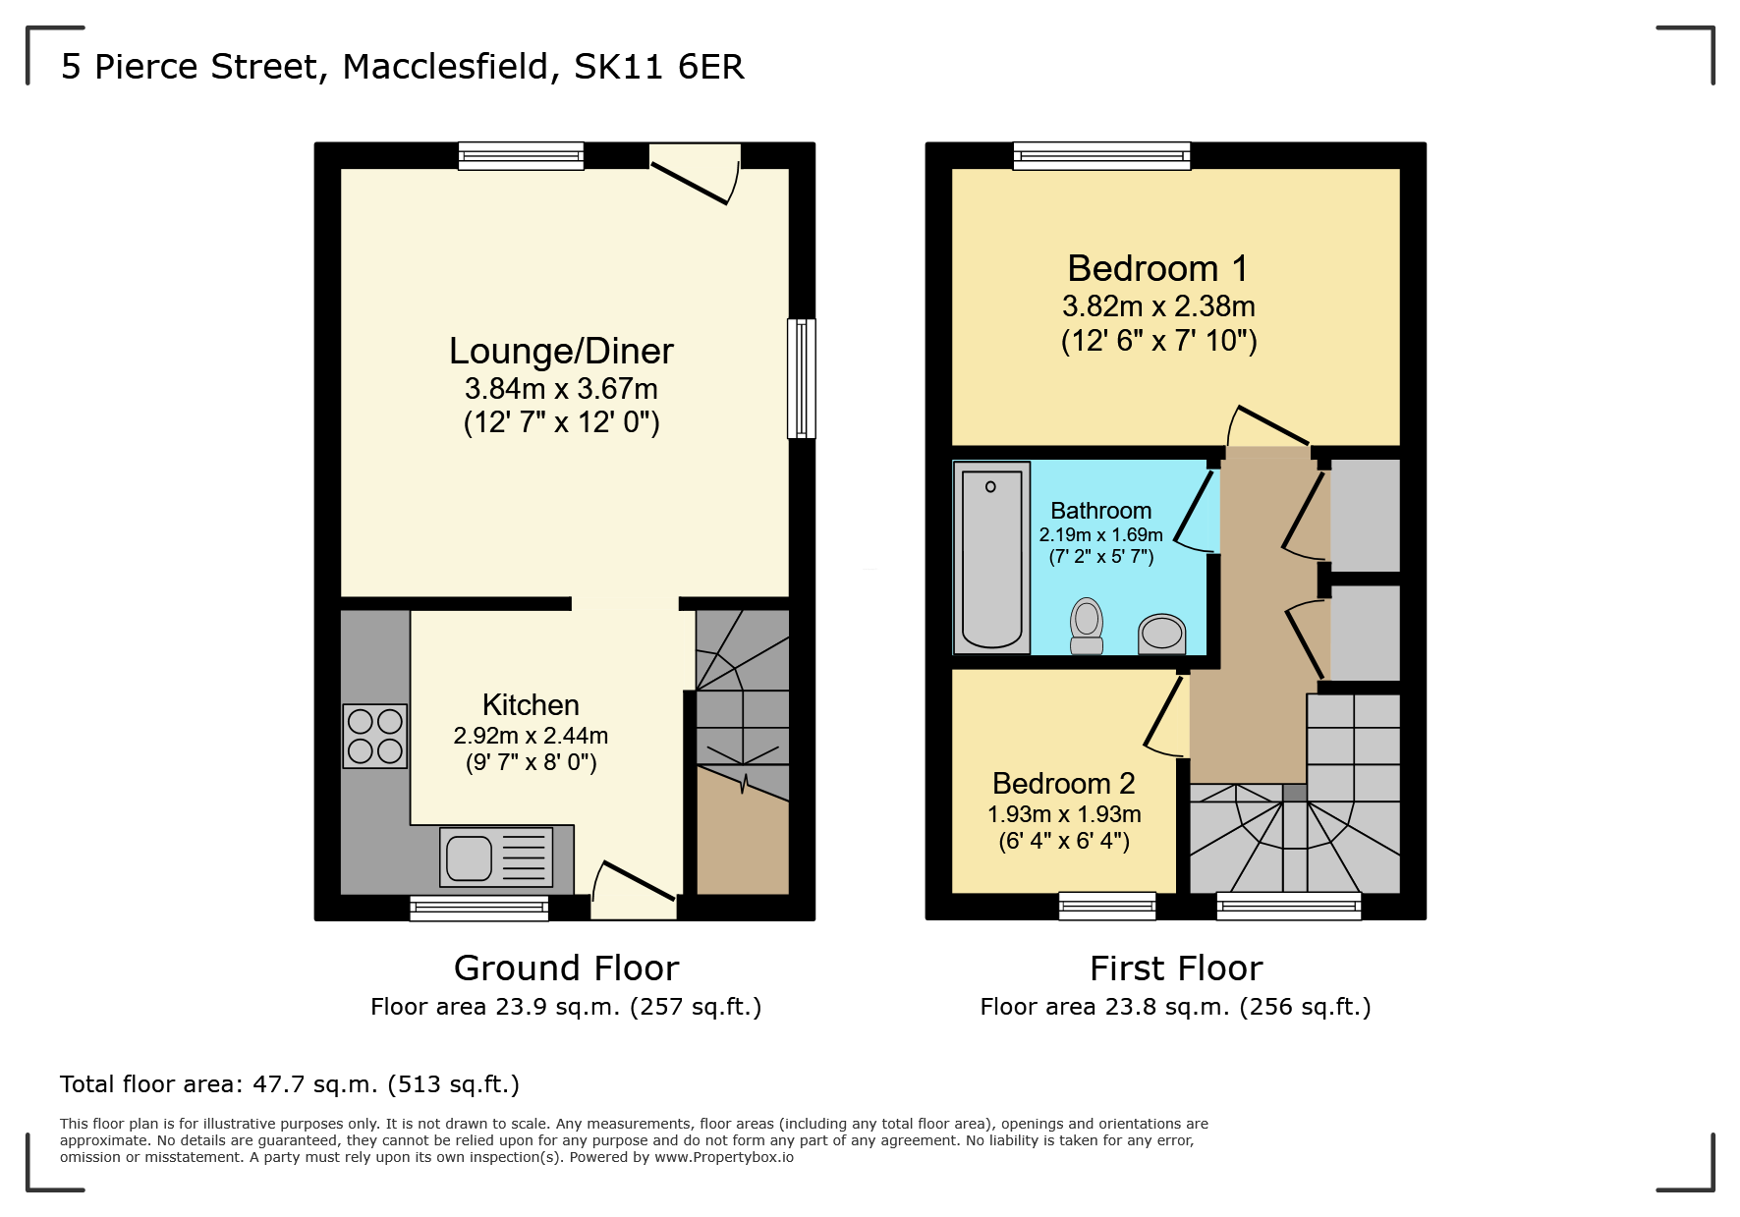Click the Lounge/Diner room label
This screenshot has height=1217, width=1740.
tap(561, 352)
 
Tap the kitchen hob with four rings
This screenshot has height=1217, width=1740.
tap(375, 736)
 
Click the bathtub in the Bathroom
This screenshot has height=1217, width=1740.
tap(991, 557)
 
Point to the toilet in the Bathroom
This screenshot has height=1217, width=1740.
tap(1087, 626)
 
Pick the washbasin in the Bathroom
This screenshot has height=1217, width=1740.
tap(1161, 634)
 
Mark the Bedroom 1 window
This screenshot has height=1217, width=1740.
tap(1101, 155)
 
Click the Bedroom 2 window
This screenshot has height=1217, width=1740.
tap(1107, 906)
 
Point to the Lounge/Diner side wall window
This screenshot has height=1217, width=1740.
tap(802, 378)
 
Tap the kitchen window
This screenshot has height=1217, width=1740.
tap(478, 908)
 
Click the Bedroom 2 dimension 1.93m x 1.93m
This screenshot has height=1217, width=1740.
tap(1064, 814)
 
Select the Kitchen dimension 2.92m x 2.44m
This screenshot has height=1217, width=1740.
tap(531, 736)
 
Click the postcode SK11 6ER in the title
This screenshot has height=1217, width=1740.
tap(658, 67)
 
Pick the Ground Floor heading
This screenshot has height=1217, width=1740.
tap(566, 968)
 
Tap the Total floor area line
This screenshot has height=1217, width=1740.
tap(289, 1084)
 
